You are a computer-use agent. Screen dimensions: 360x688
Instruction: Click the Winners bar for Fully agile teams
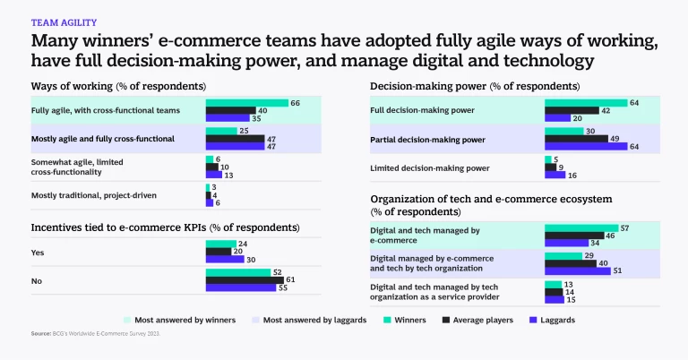[x=246, y=103]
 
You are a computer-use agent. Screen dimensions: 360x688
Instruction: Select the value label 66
[x=295, y=103]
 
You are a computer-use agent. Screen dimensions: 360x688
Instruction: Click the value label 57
[x=625, y=228]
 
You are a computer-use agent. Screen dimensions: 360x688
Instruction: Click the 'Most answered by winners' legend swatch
[x=127, y=319]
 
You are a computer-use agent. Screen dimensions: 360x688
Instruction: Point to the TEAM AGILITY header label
[x=64, y=21]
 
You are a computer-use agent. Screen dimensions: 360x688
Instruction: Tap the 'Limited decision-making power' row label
[x=431, y=167]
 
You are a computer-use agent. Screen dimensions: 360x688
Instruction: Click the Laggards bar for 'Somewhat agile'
[x=213, y=175]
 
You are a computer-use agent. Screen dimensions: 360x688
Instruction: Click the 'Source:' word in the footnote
[x=41, y=334]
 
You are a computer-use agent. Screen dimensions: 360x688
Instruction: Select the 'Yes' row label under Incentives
[x=39, y=252]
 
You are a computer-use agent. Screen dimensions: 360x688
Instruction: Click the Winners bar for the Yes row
[x=221, y=244]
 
